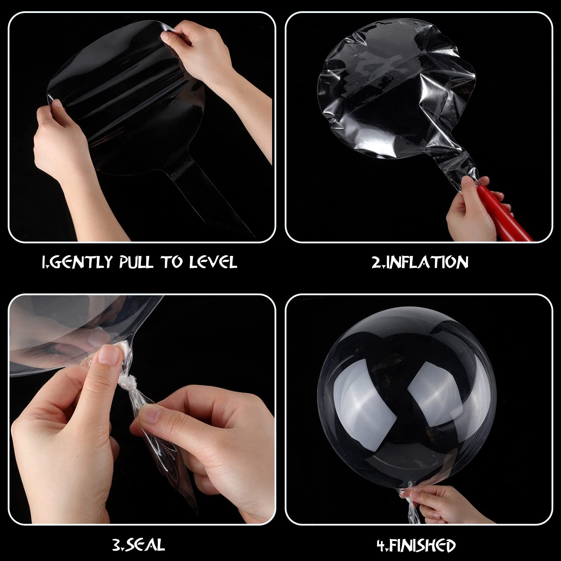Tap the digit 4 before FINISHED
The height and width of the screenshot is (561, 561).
(x=381, y=544)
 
